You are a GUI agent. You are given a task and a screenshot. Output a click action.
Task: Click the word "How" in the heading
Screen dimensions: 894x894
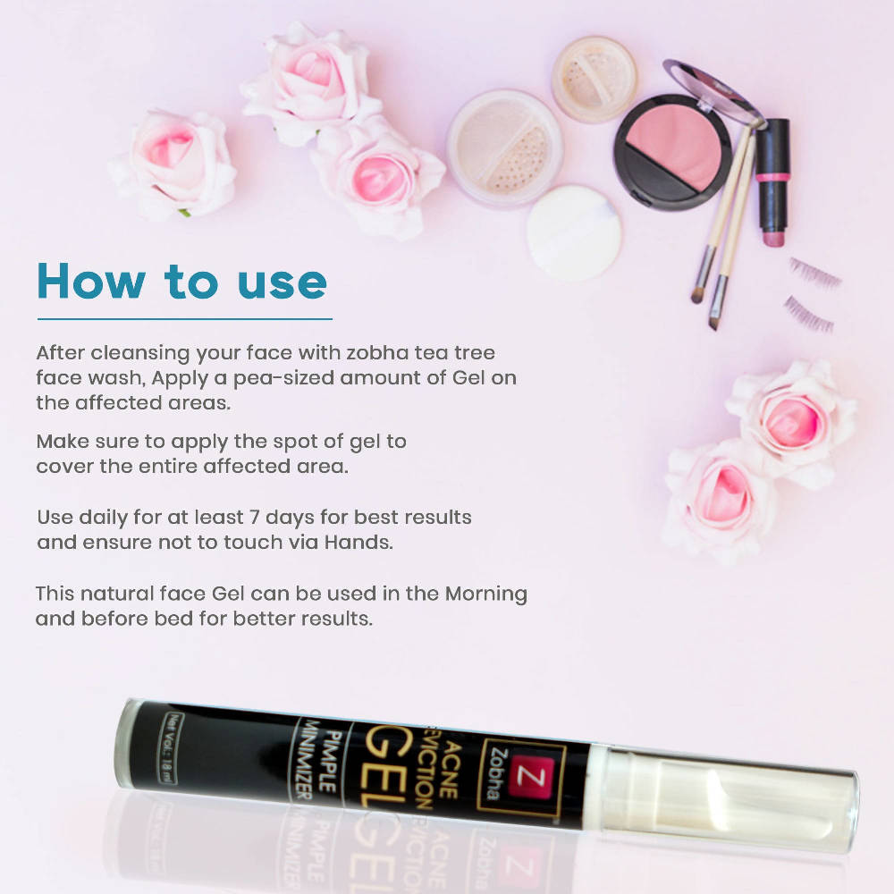[91, 281]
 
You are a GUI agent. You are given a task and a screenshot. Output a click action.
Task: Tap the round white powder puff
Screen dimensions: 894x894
[574, 232]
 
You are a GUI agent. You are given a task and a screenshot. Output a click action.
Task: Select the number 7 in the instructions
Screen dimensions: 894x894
[254, 518]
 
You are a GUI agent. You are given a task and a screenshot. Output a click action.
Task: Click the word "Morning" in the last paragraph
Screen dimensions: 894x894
[485, 595]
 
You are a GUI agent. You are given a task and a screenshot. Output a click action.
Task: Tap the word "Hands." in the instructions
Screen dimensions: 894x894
[358, 542]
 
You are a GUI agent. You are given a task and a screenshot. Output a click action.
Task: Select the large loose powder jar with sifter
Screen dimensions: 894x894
[505, 148]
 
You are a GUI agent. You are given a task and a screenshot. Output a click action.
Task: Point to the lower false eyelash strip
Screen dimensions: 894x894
[808, 314]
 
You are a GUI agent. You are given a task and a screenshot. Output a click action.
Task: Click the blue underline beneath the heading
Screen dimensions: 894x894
[185, 319]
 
